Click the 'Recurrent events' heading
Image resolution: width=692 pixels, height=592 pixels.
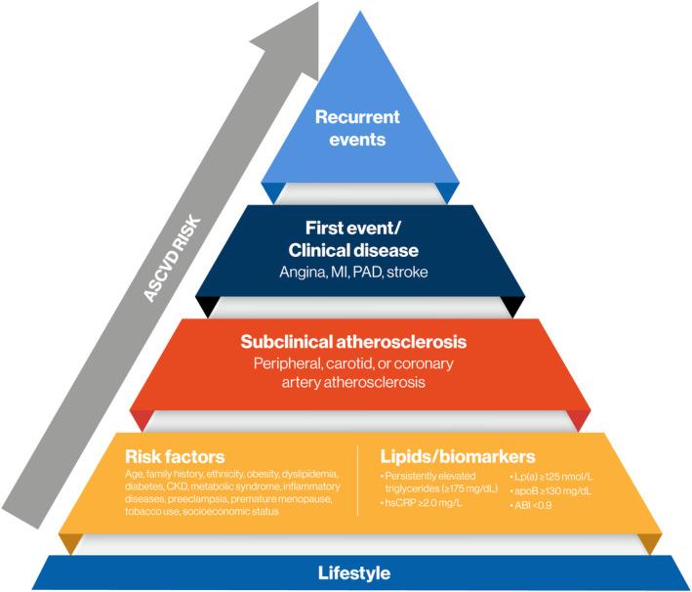(x=357, y=128)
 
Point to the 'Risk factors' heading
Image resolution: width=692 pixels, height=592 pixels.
(x=175, y=456)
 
